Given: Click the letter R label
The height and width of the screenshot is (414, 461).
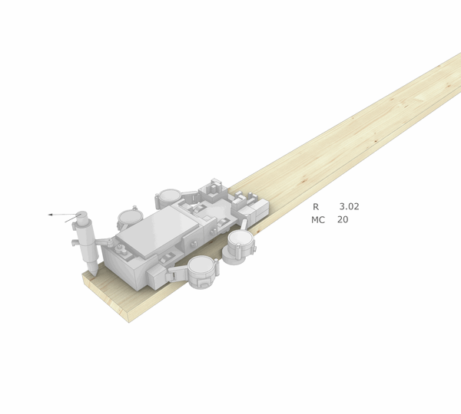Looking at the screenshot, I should coord(315,206).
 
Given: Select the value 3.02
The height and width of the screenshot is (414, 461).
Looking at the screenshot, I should coord(349,206).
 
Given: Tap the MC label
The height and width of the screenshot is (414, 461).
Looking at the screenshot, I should coord(318,219).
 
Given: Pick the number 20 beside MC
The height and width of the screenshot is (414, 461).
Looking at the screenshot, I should coord(343,219).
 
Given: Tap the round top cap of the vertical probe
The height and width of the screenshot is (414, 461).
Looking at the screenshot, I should coord(82,211).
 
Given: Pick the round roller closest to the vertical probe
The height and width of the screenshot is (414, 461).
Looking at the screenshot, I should coord(128,219).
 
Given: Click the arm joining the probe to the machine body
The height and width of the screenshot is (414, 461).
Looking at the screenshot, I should coord(104,242).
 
